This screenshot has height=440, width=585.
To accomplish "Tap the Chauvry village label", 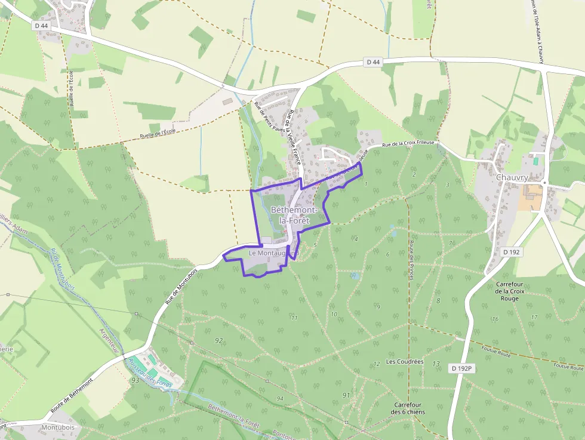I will click(512, 177).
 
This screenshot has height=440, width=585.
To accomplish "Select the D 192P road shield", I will click(461, 369).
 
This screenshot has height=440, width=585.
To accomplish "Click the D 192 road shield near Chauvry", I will click(512, 252).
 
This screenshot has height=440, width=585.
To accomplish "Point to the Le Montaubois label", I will click(273, 253).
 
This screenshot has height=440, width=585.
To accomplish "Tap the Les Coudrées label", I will click(405, 362).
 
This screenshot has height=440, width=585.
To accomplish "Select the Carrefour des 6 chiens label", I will click(408, 408).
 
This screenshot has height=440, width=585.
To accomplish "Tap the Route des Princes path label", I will click(411, 260).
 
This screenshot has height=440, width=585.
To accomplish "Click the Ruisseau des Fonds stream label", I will click(149, 373).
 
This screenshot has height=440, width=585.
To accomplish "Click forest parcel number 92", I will click(219, 340).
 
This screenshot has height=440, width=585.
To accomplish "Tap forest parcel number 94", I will click(279, 398).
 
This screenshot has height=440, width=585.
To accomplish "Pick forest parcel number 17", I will click(534, 316).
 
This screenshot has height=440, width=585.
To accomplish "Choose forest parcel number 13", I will click(436, 364).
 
